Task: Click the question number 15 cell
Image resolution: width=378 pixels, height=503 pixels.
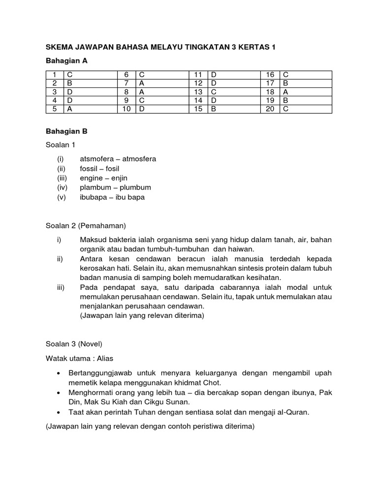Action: point(198,109)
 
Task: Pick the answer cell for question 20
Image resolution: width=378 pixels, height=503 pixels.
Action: point(305,109)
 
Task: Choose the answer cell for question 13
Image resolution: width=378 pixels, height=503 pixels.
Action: point(233,92)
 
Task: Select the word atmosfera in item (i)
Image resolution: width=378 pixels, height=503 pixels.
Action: point(139,159)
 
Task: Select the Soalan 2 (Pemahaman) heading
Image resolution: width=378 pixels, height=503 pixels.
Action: point(86,226)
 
